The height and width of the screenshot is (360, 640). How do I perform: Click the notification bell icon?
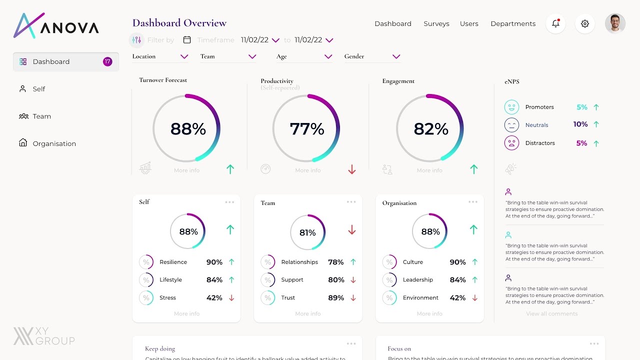click(x=555, y=23)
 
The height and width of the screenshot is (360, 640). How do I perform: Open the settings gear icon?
click(x=585, y=23)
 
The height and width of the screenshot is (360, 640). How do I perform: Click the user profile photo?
click(x=615, y=23)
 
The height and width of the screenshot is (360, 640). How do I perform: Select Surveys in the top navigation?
click(x=436, y=23)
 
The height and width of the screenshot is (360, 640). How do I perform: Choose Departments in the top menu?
click(x=512, y=23)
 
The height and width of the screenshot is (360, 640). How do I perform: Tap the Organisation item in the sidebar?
click(x=54, y=143)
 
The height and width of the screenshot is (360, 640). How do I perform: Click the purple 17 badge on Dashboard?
click(x=107, y=61)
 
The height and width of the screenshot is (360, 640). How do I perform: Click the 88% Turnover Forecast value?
click(x=188, y=129)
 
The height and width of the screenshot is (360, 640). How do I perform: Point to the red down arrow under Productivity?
click(x=352, y=170)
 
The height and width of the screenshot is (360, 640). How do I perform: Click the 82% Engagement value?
click(x=431, y=129)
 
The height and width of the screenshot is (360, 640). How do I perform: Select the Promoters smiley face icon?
click(x=511, y=107)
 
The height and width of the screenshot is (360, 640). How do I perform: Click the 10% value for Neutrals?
click(x=580, y=124)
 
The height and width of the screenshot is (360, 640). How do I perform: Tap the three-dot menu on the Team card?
click(x=351, y=202)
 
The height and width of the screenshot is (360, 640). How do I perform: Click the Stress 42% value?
click(x=214, y=297)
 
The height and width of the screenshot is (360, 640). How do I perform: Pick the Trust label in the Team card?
click(x=288, y=297)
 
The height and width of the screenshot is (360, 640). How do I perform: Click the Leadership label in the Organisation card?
click(x=417, y=279)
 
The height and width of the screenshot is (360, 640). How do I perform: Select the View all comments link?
click(x=551, y=313)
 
